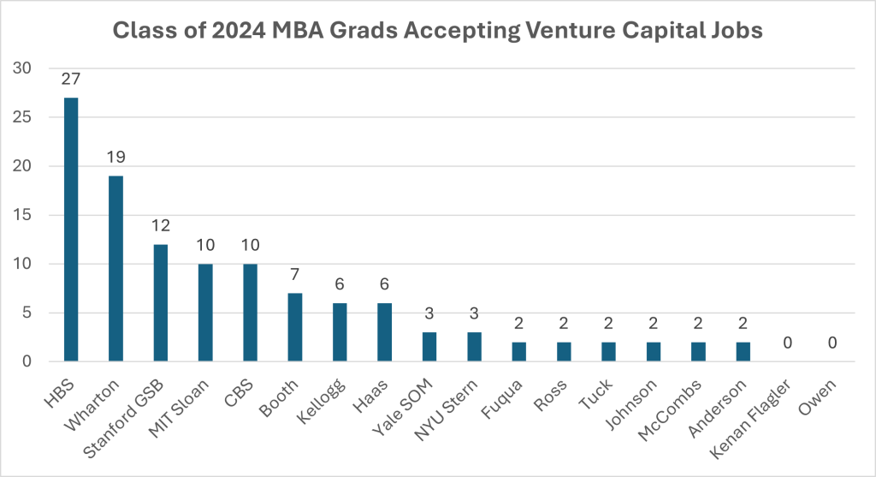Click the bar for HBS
point(71,230)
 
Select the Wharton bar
point(115,269)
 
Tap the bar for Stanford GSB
point(160,303)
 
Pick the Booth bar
point(294,328)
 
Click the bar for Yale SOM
point(429,347)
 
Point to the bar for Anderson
point(742,352)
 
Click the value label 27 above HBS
point(71,80)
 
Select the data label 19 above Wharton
point(115,158)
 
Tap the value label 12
point(160,226)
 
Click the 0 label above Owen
point(832,343)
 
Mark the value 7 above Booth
point(294,275)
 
